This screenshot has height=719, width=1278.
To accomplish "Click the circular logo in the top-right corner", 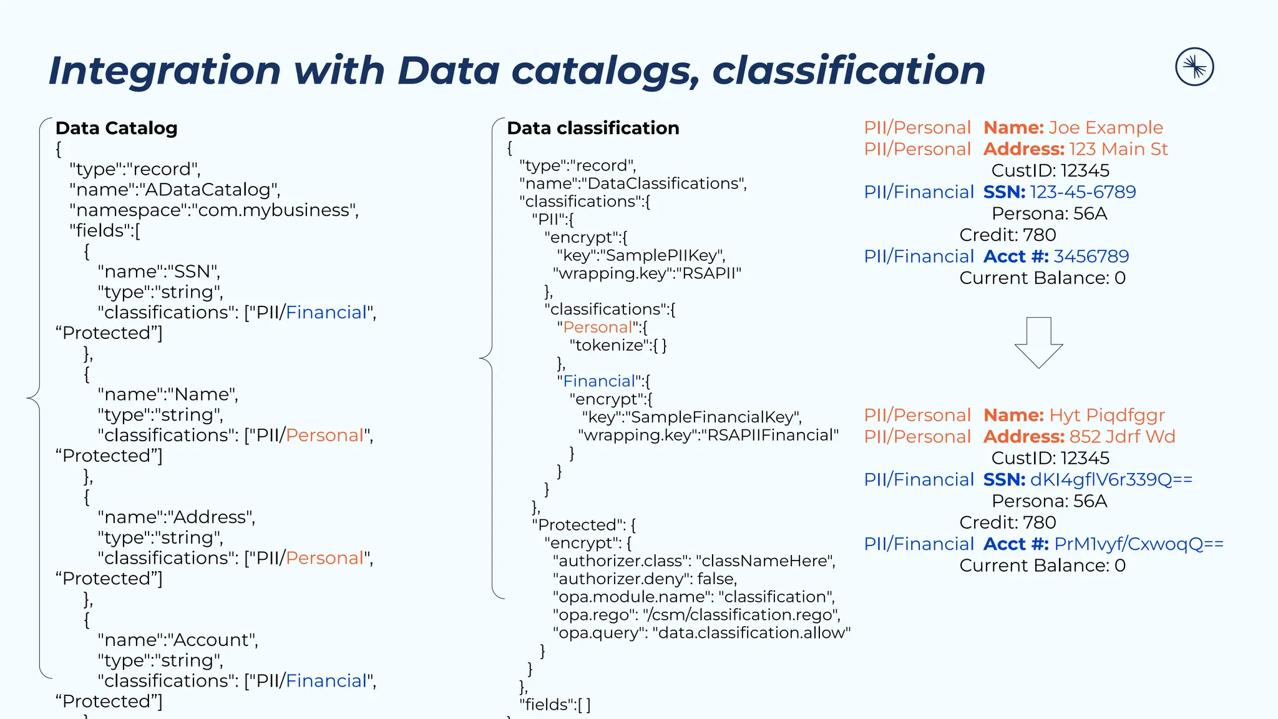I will (1194, 67).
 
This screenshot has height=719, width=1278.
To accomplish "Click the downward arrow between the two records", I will (1038, 343).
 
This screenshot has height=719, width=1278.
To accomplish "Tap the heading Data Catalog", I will (117, 128).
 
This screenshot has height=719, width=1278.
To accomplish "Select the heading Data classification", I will (593, 128).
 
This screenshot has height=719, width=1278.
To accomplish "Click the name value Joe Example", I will (1105, 128).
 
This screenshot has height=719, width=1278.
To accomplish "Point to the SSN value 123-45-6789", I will (1083, 192).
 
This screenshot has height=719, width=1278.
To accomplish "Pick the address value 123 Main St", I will (1118, 149).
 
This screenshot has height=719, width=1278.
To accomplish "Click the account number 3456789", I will (1091, 257).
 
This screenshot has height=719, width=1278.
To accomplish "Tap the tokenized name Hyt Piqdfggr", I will (1107, 415).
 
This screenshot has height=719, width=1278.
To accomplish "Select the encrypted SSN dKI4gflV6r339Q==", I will (1111, 479).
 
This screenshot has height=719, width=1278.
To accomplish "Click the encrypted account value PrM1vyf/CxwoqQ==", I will (1139, 544).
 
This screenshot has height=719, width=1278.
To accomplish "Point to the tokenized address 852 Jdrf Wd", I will (1122, 437).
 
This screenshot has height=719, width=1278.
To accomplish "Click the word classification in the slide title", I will (849, 70).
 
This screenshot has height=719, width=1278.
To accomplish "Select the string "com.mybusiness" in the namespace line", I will (274, 210).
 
